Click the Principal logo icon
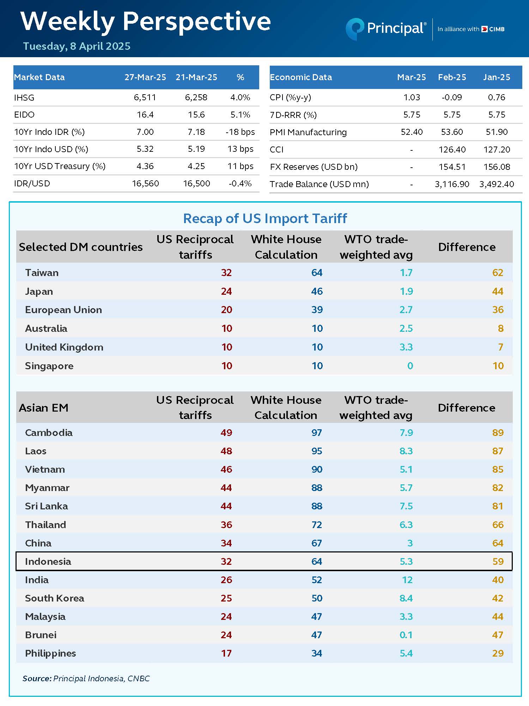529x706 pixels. point(354,29)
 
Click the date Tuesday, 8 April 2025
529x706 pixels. point(77,46)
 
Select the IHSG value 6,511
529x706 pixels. point(145,97)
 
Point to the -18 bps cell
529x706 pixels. point(240,132)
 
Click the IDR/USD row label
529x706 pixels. point(32,184)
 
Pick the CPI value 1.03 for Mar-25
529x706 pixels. point(412,97)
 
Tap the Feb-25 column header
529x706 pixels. point(452,77)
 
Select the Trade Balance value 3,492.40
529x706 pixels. point(497,184)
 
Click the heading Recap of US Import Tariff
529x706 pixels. point(265,219)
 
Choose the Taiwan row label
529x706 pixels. point(42,273)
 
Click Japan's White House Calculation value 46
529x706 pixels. point(317,291)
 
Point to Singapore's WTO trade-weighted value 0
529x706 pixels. point(410,366)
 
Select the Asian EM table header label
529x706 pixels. point(43,408)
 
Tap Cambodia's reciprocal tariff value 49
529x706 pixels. point(226,433)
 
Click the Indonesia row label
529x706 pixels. point(48,561)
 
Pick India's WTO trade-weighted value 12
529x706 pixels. point(407,580)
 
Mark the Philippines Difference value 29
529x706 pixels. point(498,653)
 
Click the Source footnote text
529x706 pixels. point(86,678)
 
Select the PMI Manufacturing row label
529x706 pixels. point(308,132)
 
